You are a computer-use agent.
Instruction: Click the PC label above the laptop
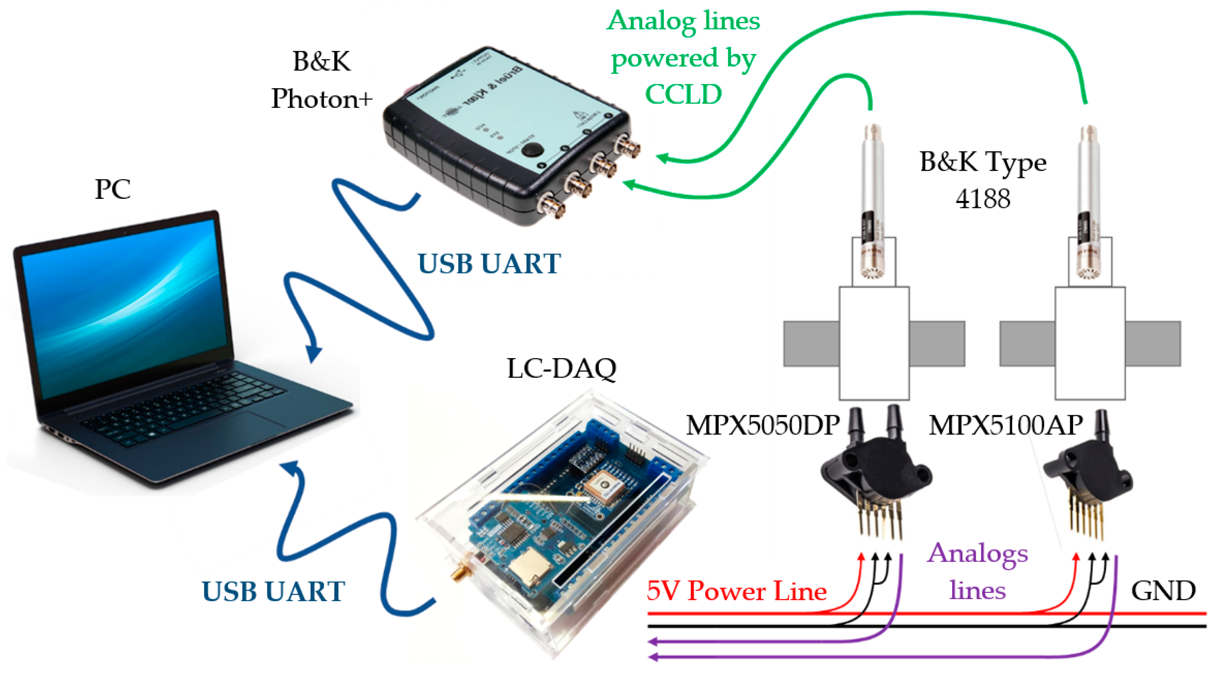pyautogui.click(x=113, y=189)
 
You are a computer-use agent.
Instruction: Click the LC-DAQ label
pyautogui.click(x=561, y=368)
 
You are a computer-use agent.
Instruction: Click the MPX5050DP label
pyautogui.click(x=763, y=425)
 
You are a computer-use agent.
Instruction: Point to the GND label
pyautogui.click(x=1163, y=591)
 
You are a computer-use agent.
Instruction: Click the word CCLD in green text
pyautogui.click(x=683, y=94)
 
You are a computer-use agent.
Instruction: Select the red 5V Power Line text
pyautogui.click(x=737, y=591)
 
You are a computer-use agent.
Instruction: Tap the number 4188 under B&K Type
pyautogui.click(x=983, y=198)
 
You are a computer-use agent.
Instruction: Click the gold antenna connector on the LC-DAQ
pyautogui.click(x=458, y=574)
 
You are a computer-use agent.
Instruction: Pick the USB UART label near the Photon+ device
pyautogui.click(x=489, y=263)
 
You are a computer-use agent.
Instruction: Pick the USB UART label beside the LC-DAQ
pyautogui.click(x=273, y=591)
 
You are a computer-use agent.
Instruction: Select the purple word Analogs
pyautogui.click(x=977, y=553)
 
